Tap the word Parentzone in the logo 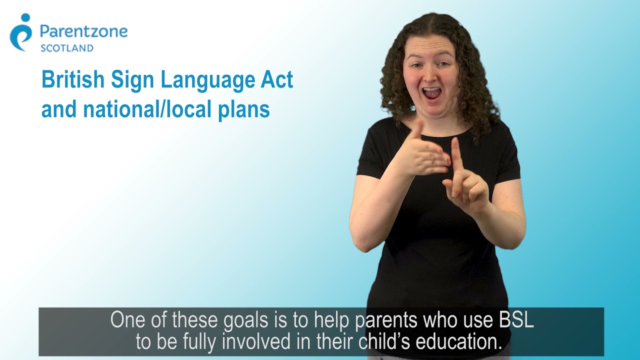83,32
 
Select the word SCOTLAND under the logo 66,48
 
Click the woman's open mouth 432,93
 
